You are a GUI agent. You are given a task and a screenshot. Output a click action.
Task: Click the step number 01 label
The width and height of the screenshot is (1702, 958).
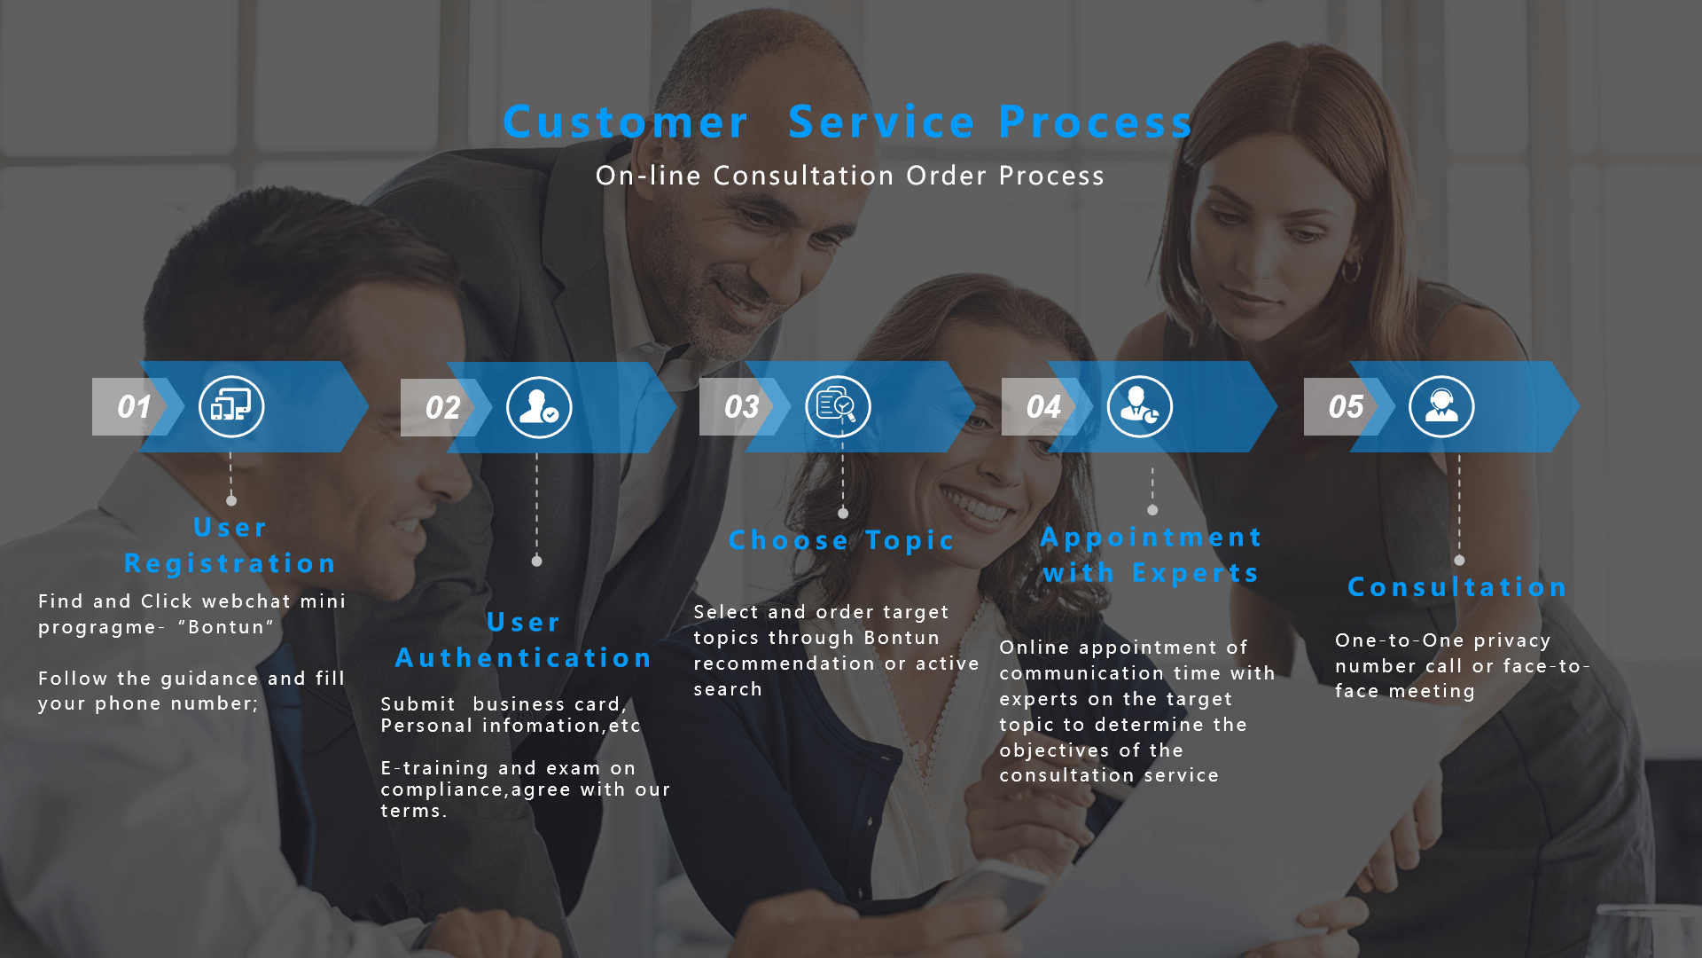[x=135, y=407]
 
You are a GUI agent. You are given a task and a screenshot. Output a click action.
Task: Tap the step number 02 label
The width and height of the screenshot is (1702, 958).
[x=442, y=407]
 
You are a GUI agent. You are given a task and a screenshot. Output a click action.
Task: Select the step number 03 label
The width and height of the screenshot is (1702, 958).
[x=741, y=406]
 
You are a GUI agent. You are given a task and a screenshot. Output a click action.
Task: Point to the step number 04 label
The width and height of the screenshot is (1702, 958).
[x=1043, y=406]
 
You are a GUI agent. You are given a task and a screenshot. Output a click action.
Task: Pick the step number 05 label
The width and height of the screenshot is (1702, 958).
[x=1346, y=406]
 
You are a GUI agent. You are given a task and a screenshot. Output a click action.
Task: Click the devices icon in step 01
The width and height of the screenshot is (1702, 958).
[x=231, y=407]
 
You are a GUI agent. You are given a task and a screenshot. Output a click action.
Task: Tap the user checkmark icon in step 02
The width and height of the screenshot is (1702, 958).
[x=539, y=408]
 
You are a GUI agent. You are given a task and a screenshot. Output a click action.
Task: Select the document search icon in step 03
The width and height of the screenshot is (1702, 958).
[x=838, y=406]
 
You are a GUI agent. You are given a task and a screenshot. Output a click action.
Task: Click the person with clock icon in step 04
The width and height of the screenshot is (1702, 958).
[x=1140, y=407]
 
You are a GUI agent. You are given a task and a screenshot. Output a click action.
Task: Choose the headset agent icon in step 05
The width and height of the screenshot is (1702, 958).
[x=1441, y=407]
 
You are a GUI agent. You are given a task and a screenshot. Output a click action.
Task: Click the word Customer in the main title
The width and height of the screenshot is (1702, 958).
[x=626, y=122]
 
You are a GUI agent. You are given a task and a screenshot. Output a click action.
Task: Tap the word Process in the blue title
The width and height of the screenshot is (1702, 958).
[x=1097, y=122]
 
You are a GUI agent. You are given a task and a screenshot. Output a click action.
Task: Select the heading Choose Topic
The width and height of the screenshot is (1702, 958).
[x=841, y=540]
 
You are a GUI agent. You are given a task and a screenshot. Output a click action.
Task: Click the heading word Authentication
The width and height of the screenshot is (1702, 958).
[x=524, y=657]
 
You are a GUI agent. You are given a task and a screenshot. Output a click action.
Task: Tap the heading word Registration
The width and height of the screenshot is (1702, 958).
[x=230, y=563]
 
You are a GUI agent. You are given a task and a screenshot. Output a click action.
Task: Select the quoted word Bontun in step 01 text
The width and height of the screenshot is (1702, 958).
[x=226, y=627]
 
